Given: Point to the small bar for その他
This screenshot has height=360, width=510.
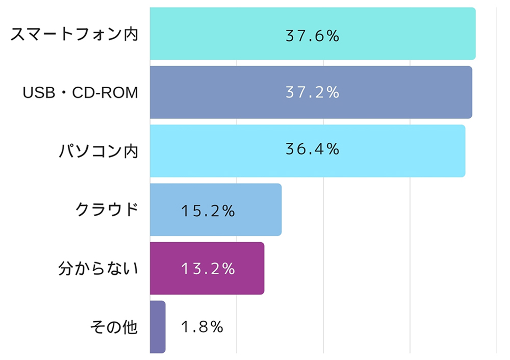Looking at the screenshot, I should coord(158,327).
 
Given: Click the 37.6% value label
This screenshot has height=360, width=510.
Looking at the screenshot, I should coord(312,36).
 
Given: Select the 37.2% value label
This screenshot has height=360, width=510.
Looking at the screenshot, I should coord(312,92).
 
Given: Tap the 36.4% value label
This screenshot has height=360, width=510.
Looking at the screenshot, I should coord(312,149).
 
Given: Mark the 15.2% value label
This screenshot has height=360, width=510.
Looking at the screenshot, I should coord(208,211).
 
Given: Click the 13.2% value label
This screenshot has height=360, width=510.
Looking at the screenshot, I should coord(208,268).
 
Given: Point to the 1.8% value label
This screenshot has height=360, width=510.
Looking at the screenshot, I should coord(202,327).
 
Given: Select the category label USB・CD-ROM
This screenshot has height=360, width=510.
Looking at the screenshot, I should coord(81,93).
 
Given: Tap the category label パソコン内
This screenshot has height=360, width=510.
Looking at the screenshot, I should coord(97,151).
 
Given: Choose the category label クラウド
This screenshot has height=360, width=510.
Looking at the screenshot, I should coord(107,210).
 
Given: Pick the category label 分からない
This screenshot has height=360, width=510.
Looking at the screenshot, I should coord(98,268).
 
